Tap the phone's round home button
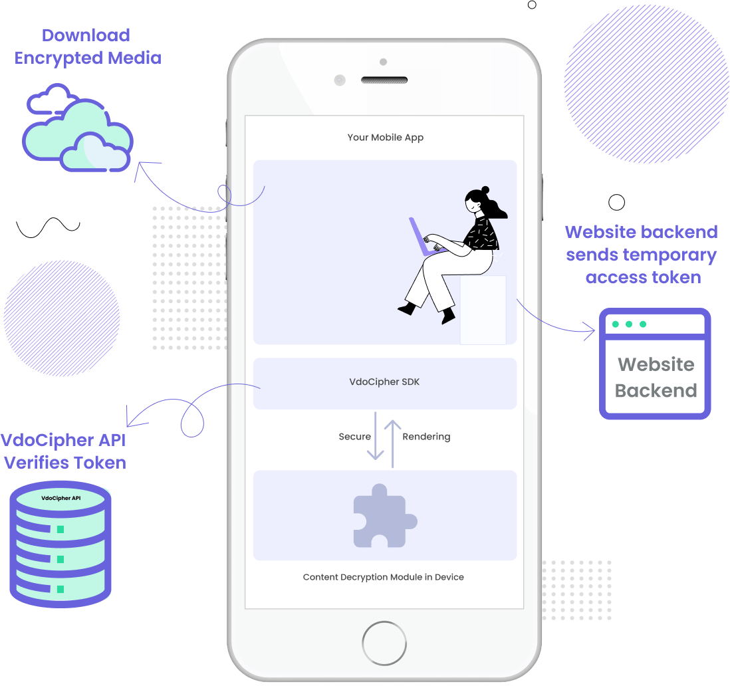[x=384, y=643]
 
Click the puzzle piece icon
[x=384, y=515]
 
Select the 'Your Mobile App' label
[x=386, y=138]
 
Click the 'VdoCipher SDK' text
[x=384, y=382]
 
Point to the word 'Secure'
[x=355, y=437]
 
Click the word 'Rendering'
[x=426, y=437]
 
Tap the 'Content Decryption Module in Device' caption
[x=384, y=577]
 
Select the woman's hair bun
[x=485, y=190]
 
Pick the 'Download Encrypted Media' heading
[x=88, y=47]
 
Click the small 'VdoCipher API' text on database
[x=61, y=497]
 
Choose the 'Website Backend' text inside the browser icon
[x=656, y=378]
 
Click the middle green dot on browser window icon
[x=629, y=324]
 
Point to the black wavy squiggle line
[x=48, y=228]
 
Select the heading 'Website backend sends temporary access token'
[x=641, y=254]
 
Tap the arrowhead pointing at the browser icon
[x=590, y=330]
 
